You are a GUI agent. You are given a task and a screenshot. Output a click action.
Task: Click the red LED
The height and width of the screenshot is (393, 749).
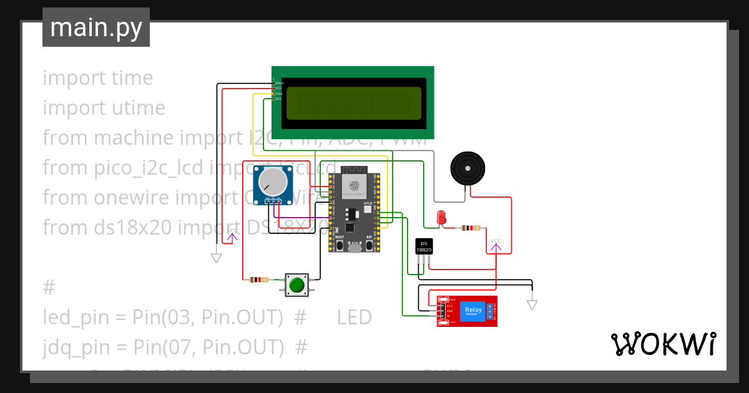coord(441,216)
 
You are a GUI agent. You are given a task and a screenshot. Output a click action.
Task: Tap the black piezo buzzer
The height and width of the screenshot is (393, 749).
coord(468,168)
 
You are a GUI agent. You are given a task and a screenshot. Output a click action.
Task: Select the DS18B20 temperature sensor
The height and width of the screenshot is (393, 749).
coord(424,246)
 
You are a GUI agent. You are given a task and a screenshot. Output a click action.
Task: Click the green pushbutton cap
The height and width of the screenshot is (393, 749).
coord(296,285)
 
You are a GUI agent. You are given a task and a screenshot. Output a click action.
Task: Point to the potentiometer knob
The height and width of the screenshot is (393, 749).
coord(273,181)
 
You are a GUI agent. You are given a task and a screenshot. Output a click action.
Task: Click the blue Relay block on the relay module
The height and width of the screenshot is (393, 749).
coord(472,310)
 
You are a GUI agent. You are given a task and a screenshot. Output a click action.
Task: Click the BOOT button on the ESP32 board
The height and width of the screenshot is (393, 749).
coord(339,245)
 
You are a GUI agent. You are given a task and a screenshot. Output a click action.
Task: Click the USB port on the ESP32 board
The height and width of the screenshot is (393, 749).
coord(355,248)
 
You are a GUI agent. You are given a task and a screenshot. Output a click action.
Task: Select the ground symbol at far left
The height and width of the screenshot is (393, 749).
coord(217,258)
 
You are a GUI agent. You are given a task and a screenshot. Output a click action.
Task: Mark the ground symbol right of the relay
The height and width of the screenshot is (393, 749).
coord(532,304)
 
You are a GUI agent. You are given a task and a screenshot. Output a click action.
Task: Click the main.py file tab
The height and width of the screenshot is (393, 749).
coord(96,27)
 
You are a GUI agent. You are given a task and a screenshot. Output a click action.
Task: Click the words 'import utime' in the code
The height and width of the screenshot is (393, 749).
coord(104,108)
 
